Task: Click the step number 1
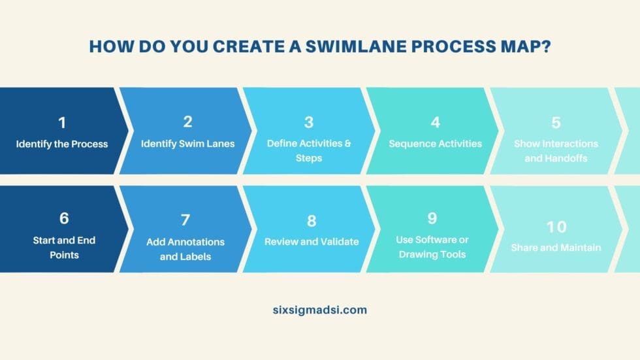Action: pyautogui.click(x=62, y=122)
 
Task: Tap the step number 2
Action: pyautogui.click(x=187, y=122)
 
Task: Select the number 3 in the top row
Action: pyautogui.click(x=309, y=122)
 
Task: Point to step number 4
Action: pyautogui.click(x=435, y=122)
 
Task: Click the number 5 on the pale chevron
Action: pyautogui.click(x=556, y=122)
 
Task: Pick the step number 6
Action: pyautogui.click(x=64, y=218)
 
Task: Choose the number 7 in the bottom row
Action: pyautogui.click(x=185, y=220)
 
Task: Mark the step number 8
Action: pyautogui.click(x=312, y=220)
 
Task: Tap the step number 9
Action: pyautogui.click(x=432, y=218)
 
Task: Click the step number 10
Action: pyautogui.click(x=556, y=227)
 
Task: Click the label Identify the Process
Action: pyautogui.click(x=62, y=144)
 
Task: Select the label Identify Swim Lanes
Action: pyautogui.click(x=187, y=143)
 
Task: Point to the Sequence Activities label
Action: pyautogui.click(x=435, y=144)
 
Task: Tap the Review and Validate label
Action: pyautogui.click(x=312, y=242)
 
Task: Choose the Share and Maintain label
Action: pyautogui.click(x=556, y=248)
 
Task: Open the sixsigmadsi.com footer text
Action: pyautogui.click(x=320, y=310)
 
